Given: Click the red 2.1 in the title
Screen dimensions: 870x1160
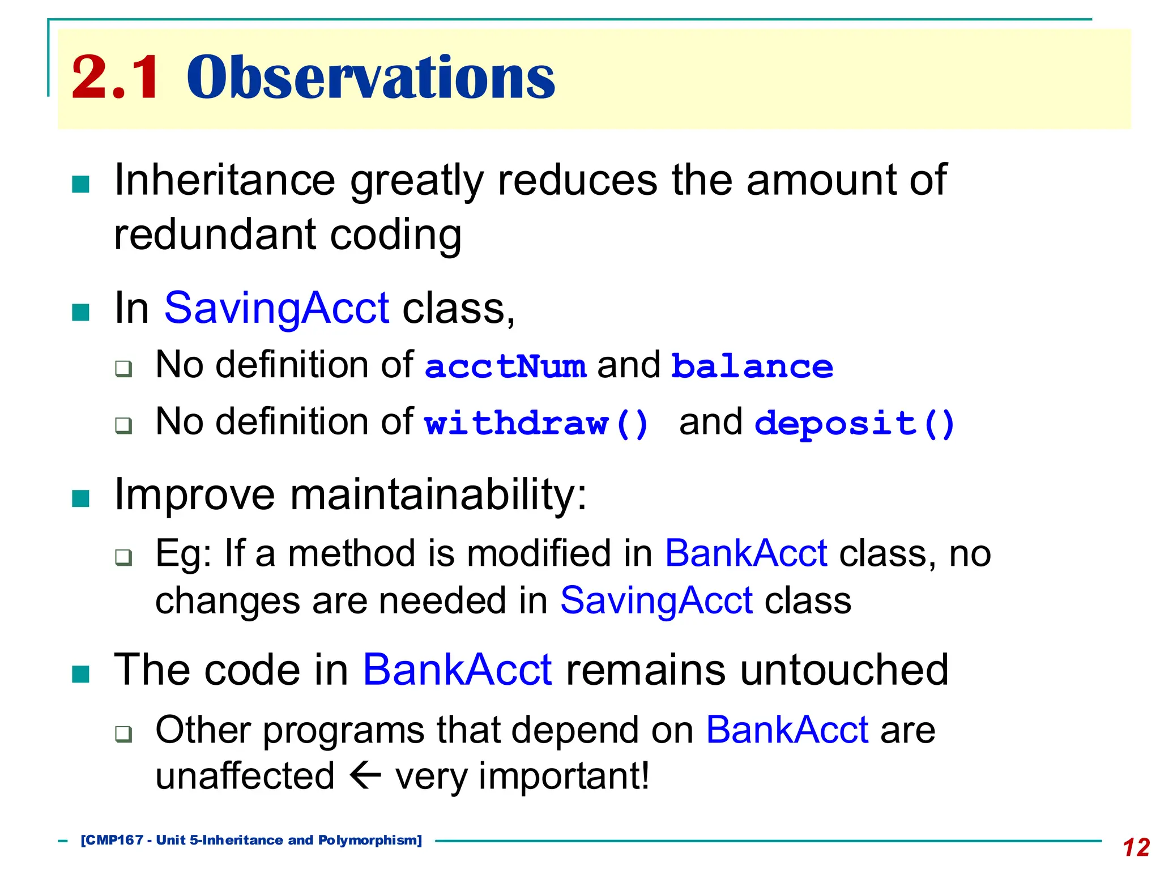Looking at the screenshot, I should pos(115,78).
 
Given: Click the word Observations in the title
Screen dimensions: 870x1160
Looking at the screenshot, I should pos(371,78).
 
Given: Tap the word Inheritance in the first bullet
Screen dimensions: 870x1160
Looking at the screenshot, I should pos(225,181).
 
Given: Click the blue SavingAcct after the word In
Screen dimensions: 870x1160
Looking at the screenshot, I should pos(276,308).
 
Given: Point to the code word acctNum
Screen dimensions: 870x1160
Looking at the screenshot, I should pos(505,366).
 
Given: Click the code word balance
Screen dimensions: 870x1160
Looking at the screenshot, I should pos(752,366).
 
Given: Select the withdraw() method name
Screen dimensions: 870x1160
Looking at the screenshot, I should pos(536,424).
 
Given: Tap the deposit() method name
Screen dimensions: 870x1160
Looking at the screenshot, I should pos(854,424).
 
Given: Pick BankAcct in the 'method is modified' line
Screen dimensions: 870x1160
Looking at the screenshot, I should pos(745,553).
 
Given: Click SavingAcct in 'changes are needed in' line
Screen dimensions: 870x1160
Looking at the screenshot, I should pos(656,600).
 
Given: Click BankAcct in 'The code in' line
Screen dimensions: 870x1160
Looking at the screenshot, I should pos(457,670).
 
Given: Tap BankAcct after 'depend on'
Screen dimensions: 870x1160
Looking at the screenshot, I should pos(787,730).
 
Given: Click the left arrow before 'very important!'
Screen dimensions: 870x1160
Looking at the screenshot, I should pos(365,775).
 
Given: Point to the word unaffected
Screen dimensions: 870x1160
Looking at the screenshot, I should pos(245,776).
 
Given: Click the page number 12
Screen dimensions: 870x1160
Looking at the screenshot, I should pos(1136,847).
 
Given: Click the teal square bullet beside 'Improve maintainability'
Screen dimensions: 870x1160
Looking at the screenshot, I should pos(81,498).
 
